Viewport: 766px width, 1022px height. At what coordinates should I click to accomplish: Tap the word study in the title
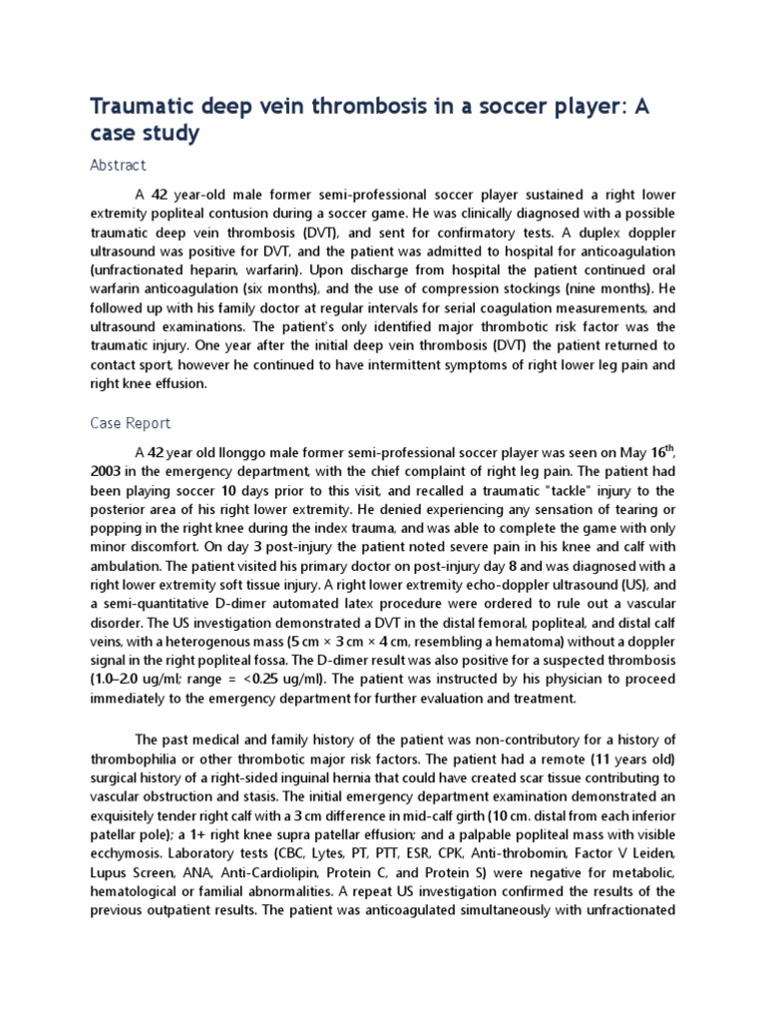[172, 134]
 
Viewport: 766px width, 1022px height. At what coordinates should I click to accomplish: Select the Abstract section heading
[118, 165]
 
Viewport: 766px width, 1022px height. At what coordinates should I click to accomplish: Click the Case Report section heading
[131, 423]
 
